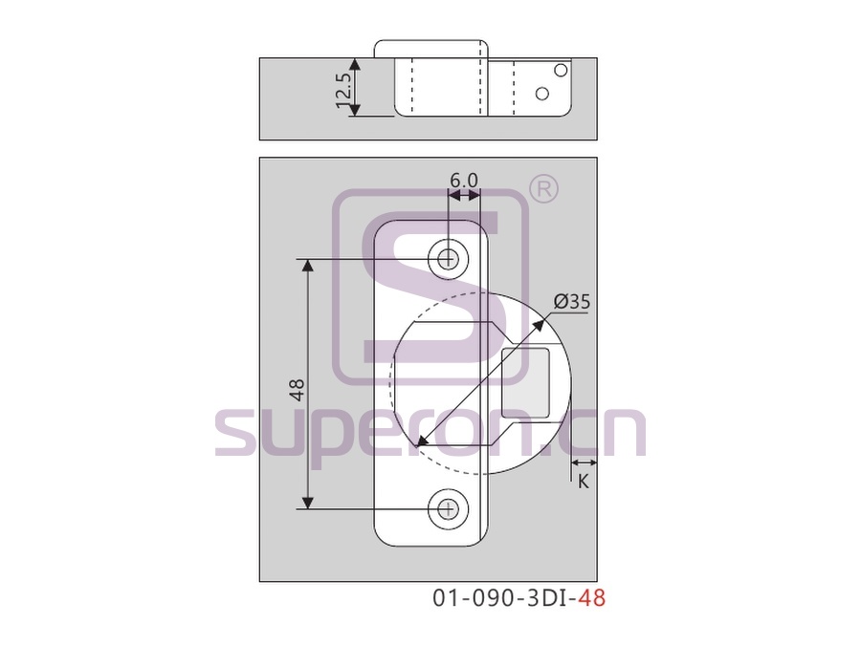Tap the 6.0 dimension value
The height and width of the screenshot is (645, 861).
(x=464, y=181)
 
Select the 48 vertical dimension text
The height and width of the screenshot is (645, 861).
(x=297, y=390)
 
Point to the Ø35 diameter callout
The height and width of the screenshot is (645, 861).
(x=572, y=302)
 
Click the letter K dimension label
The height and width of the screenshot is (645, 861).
(x=584, y=482)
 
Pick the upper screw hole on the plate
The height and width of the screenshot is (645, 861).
(x=449, y=258)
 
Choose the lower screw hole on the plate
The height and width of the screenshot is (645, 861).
(x=449, y=509)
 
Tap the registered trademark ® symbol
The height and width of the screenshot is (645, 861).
(x=543, y=190)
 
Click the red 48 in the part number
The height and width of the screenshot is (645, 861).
(x=592, y=598)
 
